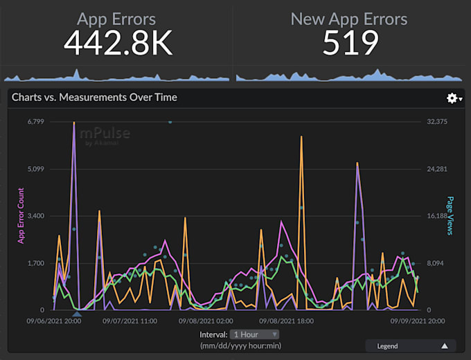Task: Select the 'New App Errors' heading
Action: [349, 19]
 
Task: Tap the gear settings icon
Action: [452, 98]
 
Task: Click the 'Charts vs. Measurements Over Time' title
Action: [95, 98]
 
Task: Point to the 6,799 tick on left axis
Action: [35, 122]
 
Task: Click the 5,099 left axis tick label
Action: [35, 169]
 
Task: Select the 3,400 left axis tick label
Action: [35, 216]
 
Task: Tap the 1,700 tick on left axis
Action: [35, 263]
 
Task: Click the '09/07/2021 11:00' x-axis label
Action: [130, 321]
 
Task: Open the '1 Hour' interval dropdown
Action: [255, 334]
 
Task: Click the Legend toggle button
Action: [411, 345]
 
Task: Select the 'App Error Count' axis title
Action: [21, 215]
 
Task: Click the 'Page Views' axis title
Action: [450, 215]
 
